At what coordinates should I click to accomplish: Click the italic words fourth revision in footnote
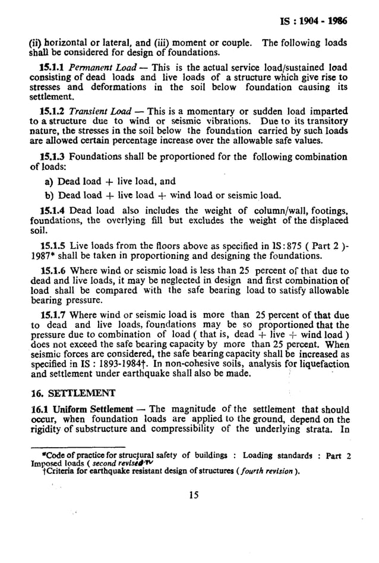tap(255, 472)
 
